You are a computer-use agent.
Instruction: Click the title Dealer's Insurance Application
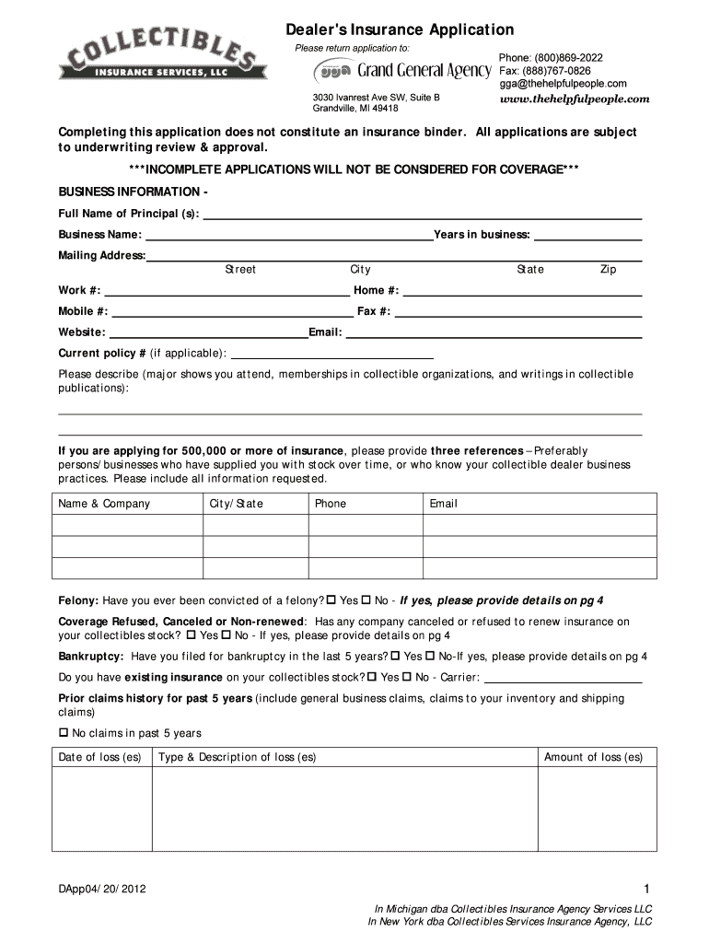point(399,30)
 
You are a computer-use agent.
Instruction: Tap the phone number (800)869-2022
point(551,57)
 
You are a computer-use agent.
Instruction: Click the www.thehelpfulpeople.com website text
point(575,99)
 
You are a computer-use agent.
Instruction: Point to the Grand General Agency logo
point(402,71)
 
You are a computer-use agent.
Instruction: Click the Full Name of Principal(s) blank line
point(422,216)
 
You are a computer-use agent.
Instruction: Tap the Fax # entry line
point(517,313)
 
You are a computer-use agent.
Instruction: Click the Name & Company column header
point(104,504)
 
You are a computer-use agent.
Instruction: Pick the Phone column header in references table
point(331,504)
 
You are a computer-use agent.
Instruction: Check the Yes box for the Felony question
point(331,600)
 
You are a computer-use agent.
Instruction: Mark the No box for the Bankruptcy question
point(431,657)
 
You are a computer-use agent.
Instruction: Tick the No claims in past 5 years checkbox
point(64,733)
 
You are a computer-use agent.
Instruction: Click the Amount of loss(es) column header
point(594,757)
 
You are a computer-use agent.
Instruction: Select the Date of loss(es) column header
point(100,757)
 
